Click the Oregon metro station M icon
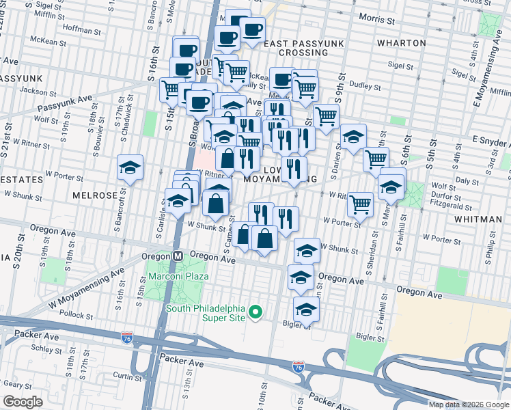[x=177, y=255]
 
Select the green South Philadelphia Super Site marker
[x=256, y=314]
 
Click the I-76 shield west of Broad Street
[x=126, y=337]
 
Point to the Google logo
[x=23, y=402]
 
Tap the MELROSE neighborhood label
[x=95, y=195]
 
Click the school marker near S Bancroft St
[x=129, y=168]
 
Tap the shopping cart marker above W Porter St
[x=359, y=204]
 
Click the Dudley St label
[x=365, y=86]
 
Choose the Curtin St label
[x=127, y=376]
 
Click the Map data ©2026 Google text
[x=468, y=405]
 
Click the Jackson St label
[x=37, y=90]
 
